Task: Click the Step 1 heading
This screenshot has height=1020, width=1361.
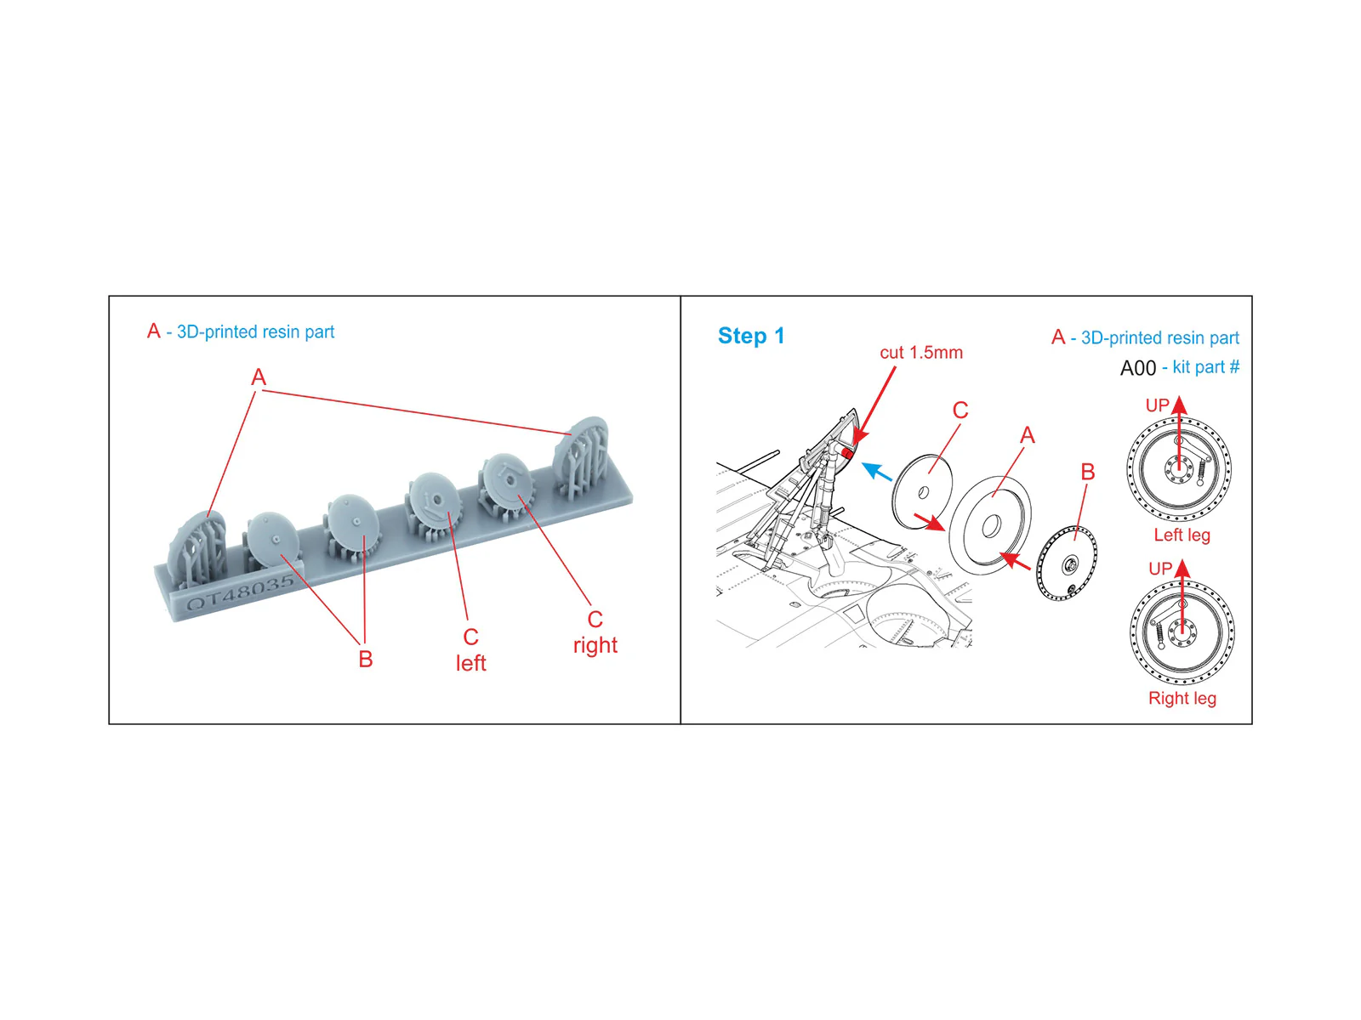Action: (x=751, y=336)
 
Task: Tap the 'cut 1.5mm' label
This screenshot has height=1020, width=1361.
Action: (x=920, y=353)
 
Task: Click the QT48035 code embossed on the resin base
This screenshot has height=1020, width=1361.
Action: (x=240, y=592)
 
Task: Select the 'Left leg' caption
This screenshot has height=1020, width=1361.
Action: (x=1182, y=535)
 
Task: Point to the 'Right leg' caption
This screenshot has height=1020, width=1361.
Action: (x=1182, y=698)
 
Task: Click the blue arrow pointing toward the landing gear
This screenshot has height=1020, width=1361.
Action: (x=877, y=471)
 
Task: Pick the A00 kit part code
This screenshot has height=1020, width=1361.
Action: (x=1138, y=368)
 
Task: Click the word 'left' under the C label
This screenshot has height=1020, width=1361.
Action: (x=470, y=663)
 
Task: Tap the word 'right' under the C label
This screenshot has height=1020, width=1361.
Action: (x=595, y=646)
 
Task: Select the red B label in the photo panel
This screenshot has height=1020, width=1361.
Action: (x=366, y=659)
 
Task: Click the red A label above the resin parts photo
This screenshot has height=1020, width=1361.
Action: (x=259, y=377)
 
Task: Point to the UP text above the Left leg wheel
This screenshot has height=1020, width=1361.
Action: (x=1157, y=405)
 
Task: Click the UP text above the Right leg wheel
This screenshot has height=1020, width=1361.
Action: (x=1160, y=569)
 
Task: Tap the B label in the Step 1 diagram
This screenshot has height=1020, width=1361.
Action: (x=1088, y=472)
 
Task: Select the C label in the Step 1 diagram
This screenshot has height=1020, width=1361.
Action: (x=960, y=410)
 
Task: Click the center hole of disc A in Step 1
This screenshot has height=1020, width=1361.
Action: (x=991, y=526)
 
